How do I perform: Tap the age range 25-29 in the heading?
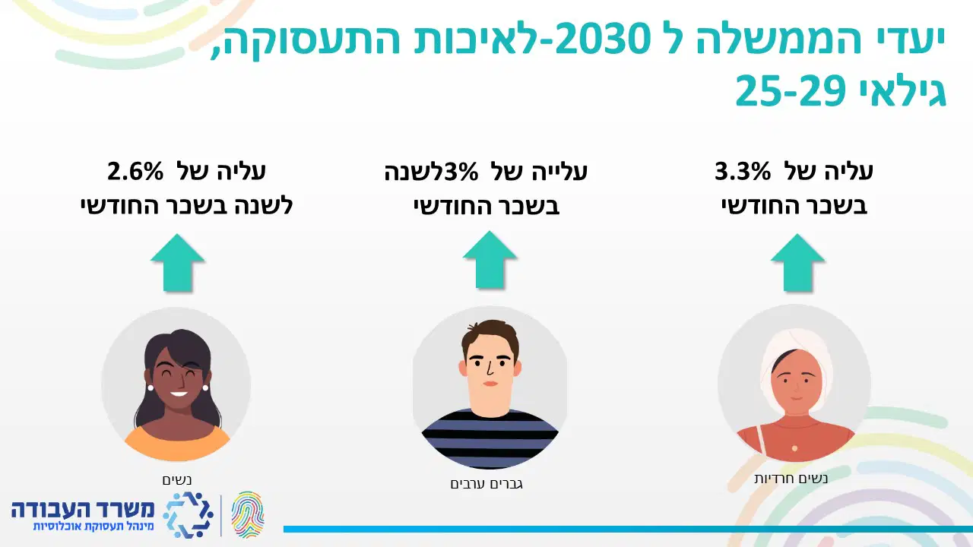tap(790, 90)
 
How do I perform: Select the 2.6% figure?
tap(135, 171)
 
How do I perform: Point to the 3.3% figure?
tap(743, 171)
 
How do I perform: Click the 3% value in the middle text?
tap(461, 172)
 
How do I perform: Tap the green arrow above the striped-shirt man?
tap(490, 260)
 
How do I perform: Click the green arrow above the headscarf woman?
tap(797, 263)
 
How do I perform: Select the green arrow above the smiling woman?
tap(177, 263)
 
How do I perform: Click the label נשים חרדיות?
tap(791, 479)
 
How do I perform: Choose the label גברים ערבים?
tap(486, 484)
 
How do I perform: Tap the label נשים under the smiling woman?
tap(177, 479)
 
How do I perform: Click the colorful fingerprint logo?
tap(248, 515)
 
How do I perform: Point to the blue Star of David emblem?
tap(188, 515)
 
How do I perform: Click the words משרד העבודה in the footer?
tap(83, 510)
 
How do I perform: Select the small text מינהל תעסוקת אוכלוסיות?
tap(93, 527)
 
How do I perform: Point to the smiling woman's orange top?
tap(177, 444)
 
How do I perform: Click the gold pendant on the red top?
tap(794, 448)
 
